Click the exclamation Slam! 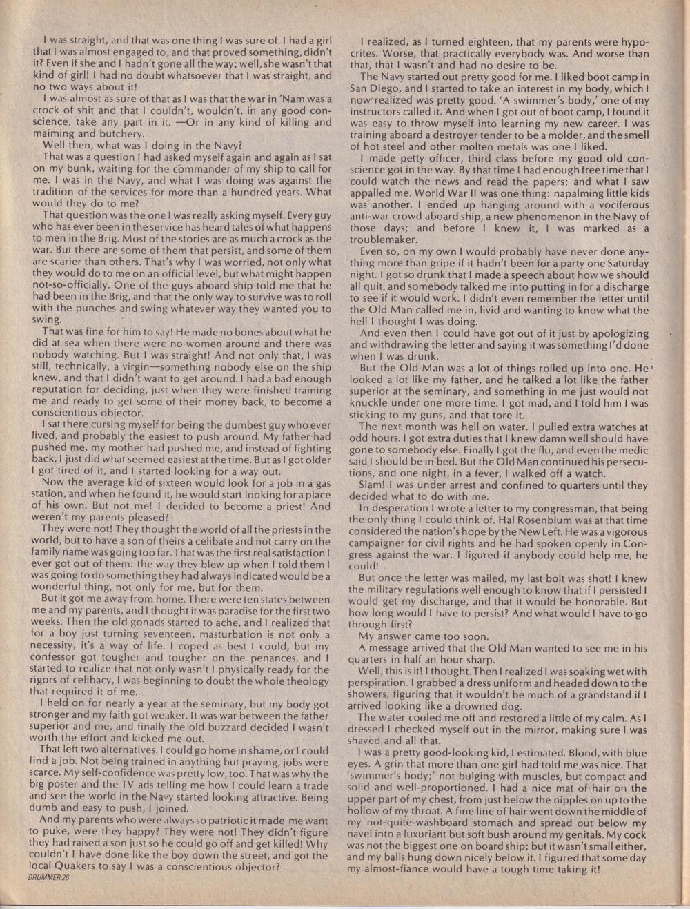click(374, 485)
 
